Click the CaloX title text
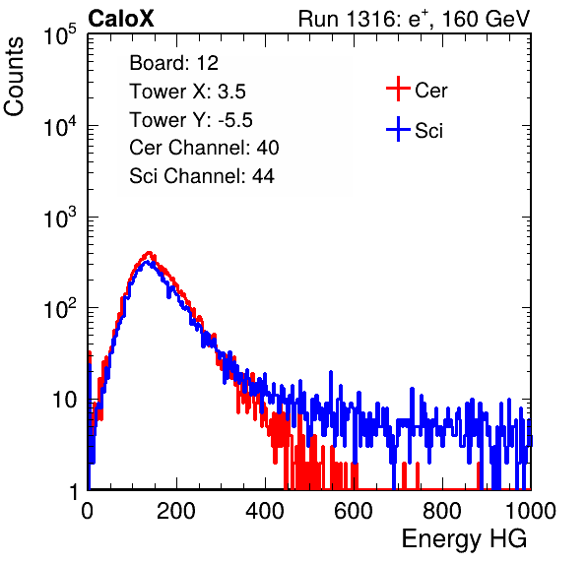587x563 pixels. pos(120,19)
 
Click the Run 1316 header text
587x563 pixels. pos(414,19)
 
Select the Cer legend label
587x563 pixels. pos(430,91)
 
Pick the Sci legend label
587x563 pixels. pos(428,131)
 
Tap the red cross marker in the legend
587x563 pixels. pos(398,89)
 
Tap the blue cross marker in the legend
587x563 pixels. pos(398,129)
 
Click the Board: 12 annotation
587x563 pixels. pos(173,63)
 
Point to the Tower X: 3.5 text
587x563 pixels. pos(187,92)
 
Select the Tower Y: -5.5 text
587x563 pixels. pos(191,120)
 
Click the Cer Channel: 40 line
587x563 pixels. pos(204,148)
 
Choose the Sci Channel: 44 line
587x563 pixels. pos(202,176)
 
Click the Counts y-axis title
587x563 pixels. pos(14,77)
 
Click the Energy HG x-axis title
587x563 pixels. pos(464,539)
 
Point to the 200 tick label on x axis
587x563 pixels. pos(176,511)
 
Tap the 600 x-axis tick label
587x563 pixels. pos(354,511)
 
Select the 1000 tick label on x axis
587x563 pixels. pos(531,511)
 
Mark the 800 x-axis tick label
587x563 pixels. pos(442,511)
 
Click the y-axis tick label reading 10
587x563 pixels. pos(64,400)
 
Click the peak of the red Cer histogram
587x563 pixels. pos(149,253)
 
